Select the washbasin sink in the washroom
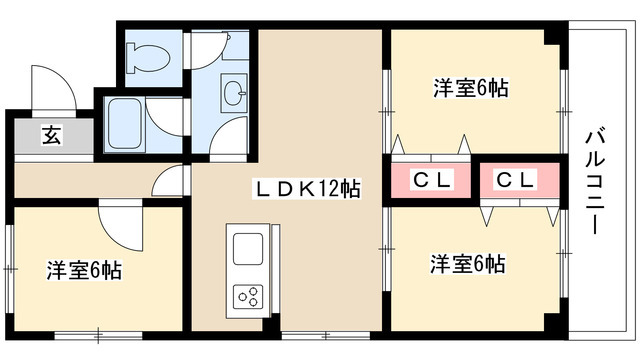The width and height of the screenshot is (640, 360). (236, 95)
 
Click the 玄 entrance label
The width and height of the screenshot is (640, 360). (50, 137)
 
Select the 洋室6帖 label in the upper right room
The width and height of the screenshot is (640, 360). (471, 88)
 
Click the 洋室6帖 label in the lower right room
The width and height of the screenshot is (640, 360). (467, 264)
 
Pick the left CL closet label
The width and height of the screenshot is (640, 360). (433, 180)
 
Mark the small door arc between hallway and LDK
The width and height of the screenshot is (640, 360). (172, 181)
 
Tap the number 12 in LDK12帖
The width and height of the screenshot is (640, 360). (331, 187)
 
